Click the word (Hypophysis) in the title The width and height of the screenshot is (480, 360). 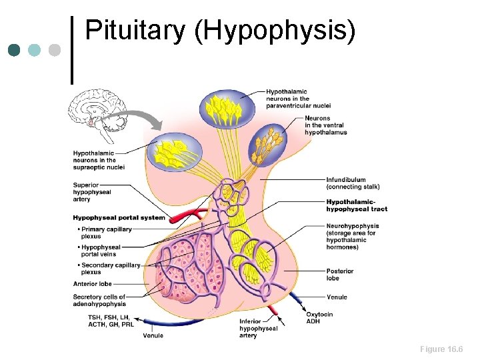275,31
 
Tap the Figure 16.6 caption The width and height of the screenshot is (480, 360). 441,349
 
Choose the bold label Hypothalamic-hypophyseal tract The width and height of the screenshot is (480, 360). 356,205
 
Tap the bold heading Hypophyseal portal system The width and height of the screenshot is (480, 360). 119,217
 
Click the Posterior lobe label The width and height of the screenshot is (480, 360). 339,275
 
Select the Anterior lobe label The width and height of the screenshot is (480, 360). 92,284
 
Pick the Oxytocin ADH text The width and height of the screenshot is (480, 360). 319,317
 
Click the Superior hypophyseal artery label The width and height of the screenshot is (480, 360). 92,191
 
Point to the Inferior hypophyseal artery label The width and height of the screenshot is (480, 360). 258,329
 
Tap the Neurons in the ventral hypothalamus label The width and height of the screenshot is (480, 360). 325,125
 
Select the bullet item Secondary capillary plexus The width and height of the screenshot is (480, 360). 109,269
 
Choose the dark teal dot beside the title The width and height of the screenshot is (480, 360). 14,50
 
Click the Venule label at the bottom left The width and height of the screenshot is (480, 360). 153,335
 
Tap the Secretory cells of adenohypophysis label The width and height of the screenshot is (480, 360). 99,301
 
